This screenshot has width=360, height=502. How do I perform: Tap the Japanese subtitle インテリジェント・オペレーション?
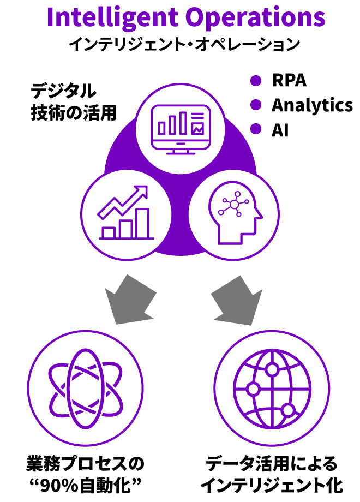(x=184, y=44)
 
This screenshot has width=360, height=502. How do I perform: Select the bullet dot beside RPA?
(x=256, y=80)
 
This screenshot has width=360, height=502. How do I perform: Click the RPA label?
(x=289, y=80)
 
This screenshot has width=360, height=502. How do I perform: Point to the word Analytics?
(x=313, y=105)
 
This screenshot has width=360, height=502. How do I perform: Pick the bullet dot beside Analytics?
(x=256, y=105)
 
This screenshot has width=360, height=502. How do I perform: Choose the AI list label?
(x=280, y=130)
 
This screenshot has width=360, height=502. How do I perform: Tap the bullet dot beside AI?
(x=256, y=129)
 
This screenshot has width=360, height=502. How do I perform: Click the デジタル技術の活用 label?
(x=74, y=102)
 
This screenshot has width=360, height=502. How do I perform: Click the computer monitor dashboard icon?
(x=181, y=129)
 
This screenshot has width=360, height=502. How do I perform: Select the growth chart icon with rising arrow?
(x=126, y=212)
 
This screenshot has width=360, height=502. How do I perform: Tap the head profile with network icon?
(x=235, y=213)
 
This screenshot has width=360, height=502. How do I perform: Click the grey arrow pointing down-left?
(x=130, y=300)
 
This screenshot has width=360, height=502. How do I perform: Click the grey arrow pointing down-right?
(x=237, y=300)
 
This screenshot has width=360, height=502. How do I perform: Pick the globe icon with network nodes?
(x=272, y=389)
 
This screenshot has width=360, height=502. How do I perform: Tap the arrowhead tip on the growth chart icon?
(x=147, y=186)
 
